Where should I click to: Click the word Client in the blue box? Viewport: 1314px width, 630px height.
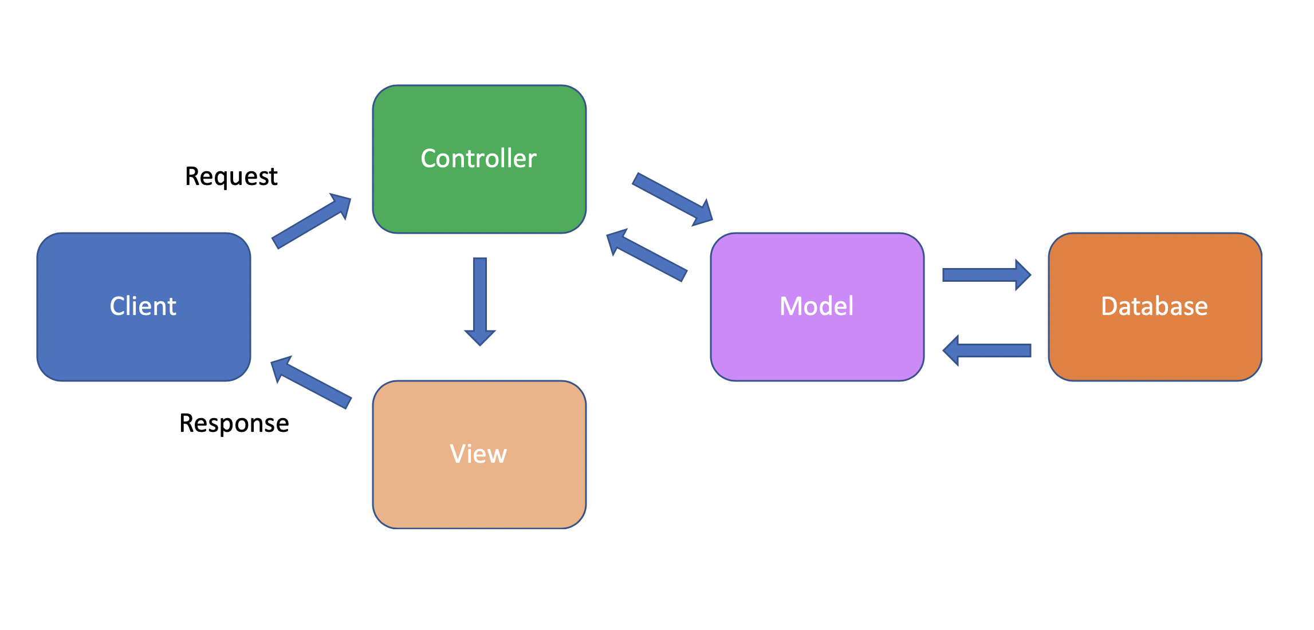143,306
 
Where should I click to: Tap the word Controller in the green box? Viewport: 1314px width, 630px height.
478,159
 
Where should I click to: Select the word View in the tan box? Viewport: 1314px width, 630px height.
478,454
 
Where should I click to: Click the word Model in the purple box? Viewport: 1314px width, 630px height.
816,306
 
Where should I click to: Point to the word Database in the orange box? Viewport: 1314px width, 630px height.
1154,306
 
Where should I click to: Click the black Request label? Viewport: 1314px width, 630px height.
231,176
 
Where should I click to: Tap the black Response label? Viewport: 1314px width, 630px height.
234,424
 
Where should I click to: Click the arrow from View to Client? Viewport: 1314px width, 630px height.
312,383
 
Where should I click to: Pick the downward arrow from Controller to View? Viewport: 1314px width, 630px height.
480,298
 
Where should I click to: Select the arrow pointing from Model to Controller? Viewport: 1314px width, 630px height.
647,255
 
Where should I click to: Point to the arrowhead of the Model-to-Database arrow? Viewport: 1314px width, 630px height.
1022,275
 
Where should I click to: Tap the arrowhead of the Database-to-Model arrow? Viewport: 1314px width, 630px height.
952,351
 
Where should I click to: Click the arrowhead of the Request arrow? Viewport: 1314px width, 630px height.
341,204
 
